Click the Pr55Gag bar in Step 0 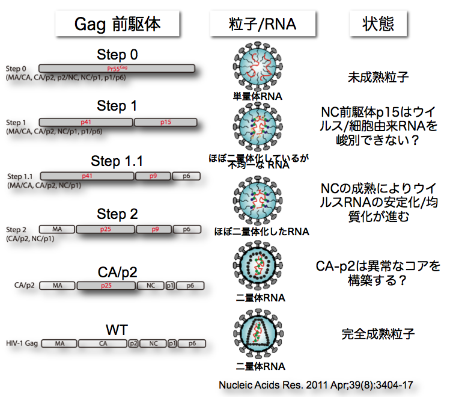[117, 69]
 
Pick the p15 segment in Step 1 [166, 122]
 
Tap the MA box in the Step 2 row [57, 229]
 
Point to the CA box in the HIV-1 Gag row [102, 343]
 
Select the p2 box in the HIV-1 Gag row [133, 343]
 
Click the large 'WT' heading [117, 330]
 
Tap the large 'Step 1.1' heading [117, 161]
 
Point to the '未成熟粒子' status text [379, 77]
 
